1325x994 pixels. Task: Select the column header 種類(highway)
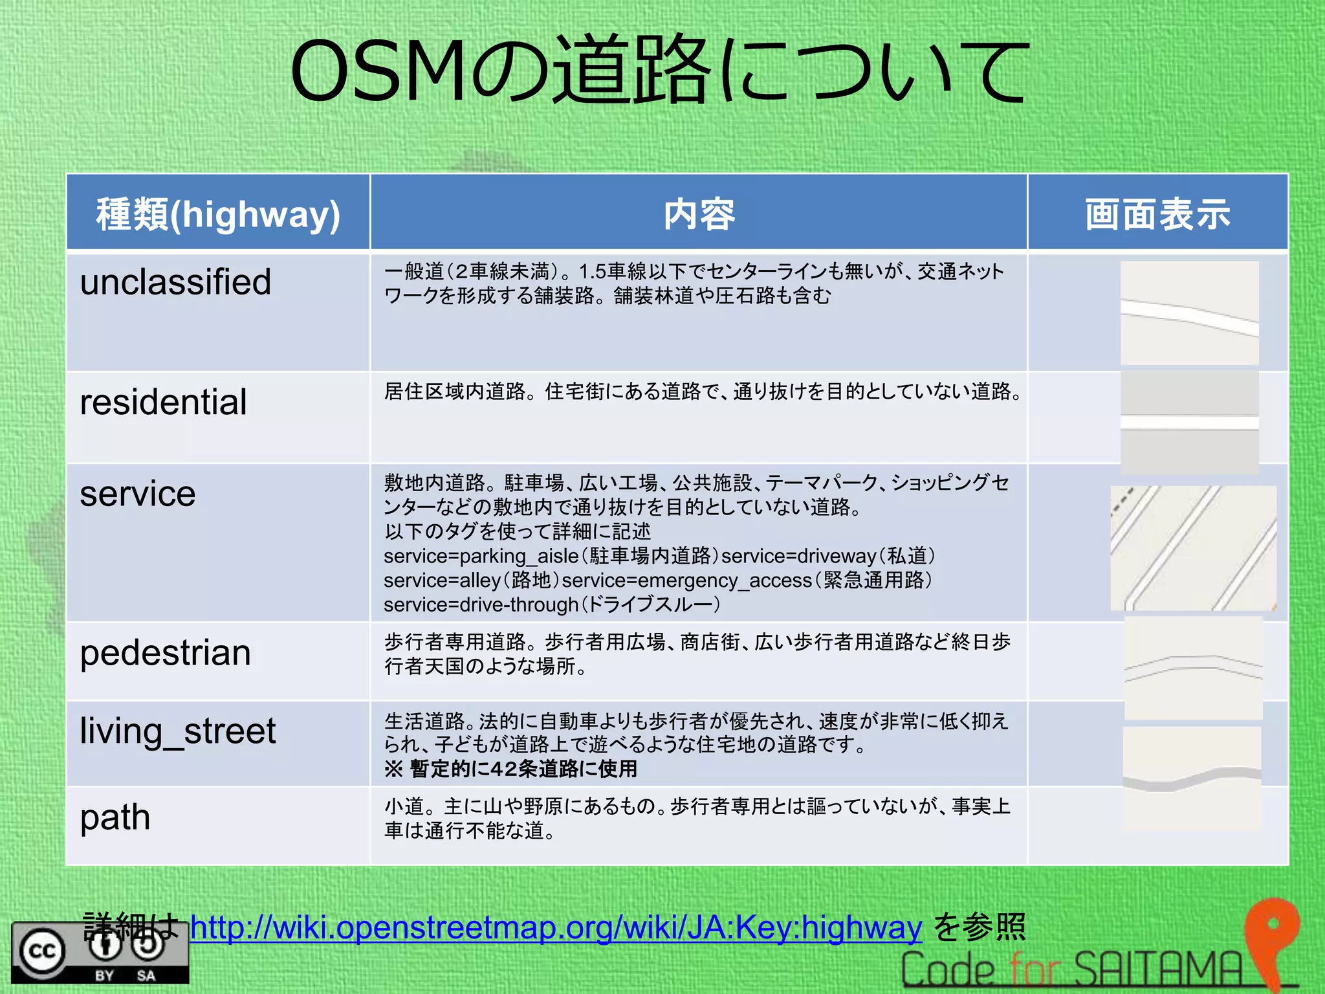tap(218, 214)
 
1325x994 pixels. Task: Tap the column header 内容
tap(699, 214)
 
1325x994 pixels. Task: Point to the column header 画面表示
tap(1157, 214)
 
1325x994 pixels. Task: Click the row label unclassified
tap(175, 282)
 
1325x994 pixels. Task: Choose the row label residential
tap(163, 402)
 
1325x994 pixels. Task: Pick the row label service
tap(137, 494)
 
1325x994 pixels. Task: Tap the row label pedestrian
tap(165, 652)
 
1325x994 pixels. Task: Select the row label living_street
tap(177, 731)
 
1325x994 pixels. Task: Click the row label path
tap(115, 817)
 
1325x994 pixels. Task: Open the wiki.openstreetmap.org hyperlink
tap(556, 927)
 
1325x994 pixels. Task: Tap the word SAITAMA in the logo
tap(1158, 969)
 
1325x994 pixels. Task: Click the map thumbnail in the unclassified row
tap(1189, 313)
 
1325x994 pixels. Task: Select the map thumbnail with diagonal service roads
tap(1193, 547)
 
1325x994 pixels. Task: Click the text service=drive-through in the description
tap(481, 604)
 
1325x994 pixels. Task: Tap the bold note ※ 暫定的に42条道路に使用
tap(510, 769)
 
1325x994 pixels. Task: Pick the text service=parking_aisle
tap(481, 556)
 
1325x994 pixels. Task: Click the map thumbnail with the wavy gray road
tap(1192, 779)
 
